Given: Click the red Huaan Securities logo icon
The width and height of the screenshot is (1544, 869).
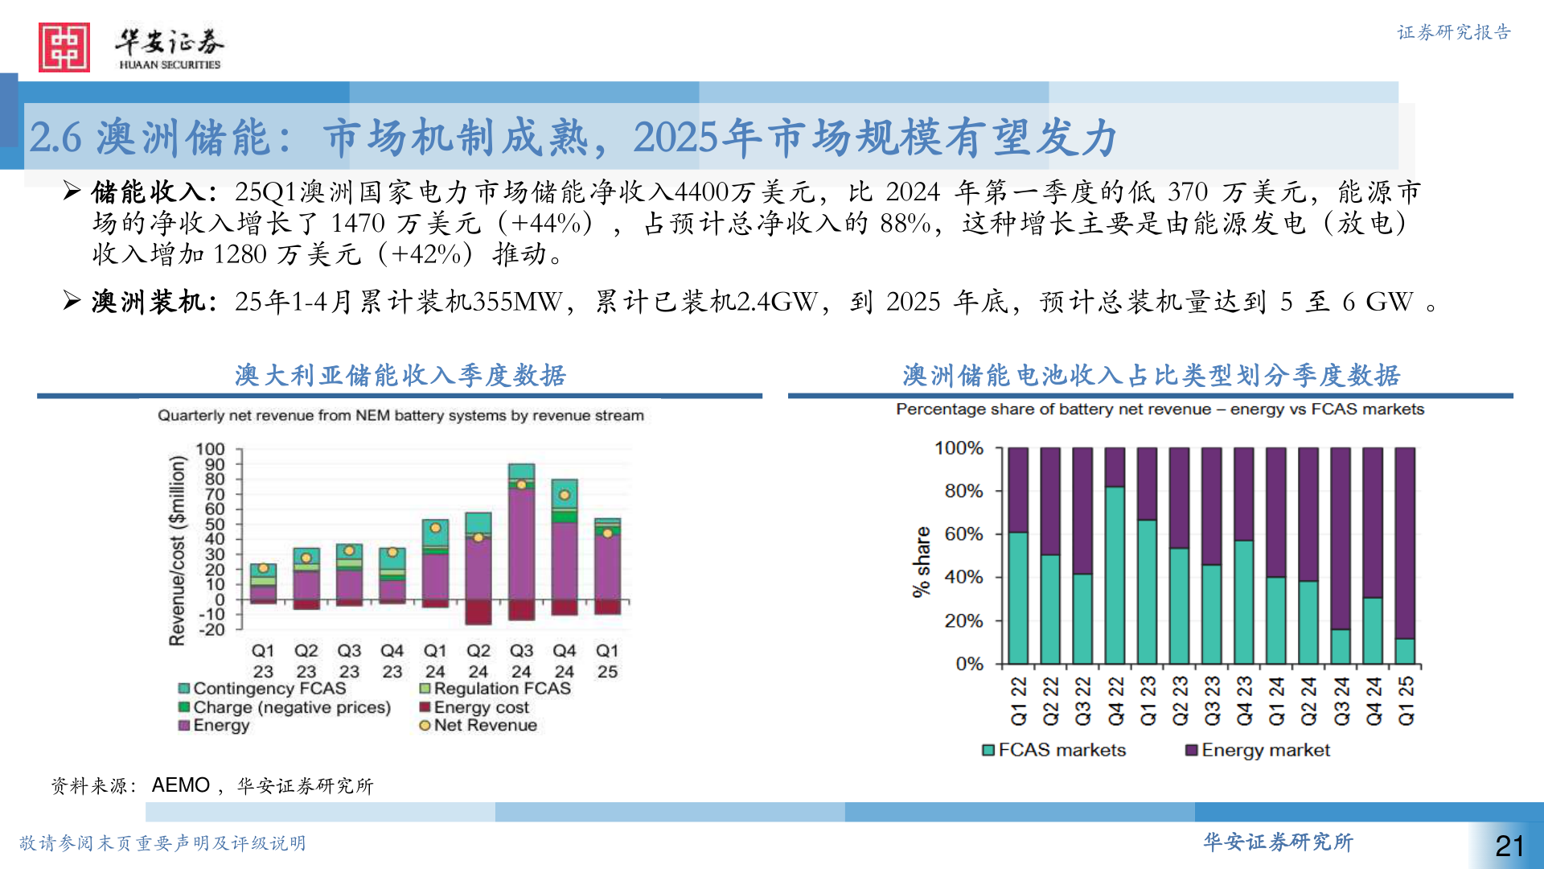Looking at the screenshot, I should pyautogui.click(x=64, y=47).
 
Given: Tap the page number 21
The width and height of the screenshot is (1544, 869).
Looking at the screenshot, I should pyautogui.click(x=1509, y=846).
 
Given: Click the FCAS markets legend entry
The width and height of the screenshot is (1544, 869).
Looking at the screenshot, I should pyautogui.click(x=1054, y=750).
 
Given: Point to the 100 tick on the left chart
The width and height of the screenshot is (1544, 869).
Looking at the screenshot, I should pyautogui.click(x=211, y=449).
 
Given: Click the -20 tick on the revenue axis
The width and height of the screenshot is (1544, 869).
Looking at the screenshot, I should pyautogui.click(x=211, y=629).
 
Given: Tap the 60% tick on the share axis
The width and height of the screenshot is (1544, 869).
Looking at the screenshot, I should pyautogui.click(x=963, y=533).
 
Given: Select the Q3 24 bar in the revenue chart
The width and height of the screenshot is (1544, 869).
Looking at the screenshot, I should pyautogui.click(x=521, y=539).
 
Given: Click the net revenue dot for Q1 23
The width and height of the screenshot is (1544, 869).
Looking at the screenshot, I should pyautogui.click(x=263, y=568).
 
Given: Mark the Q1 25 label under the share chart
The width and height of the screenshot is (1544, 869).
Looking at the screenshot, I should pyautogui.click(x=1406, y=700).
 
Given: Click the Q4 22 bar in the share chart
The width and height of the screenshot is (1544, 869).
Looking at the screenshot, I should pyautogui.click(x=1115, y=555).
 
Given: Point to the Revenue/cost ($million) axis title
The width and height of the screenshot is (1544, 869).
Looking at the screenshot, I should pyautogui.click(x=177, y=550).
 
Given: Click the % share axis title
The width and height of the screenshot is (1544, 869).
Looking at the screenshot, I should pyautogui.click(x=922, y=562).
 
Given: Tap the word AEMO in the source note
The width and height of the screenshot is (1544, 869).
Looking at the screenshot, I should pyautogui.click(x=181, y=785).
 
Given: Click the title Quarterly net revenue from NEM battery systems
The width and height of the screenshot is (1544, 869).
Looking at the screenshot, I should pyautogui.click(x=400, y=415).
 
